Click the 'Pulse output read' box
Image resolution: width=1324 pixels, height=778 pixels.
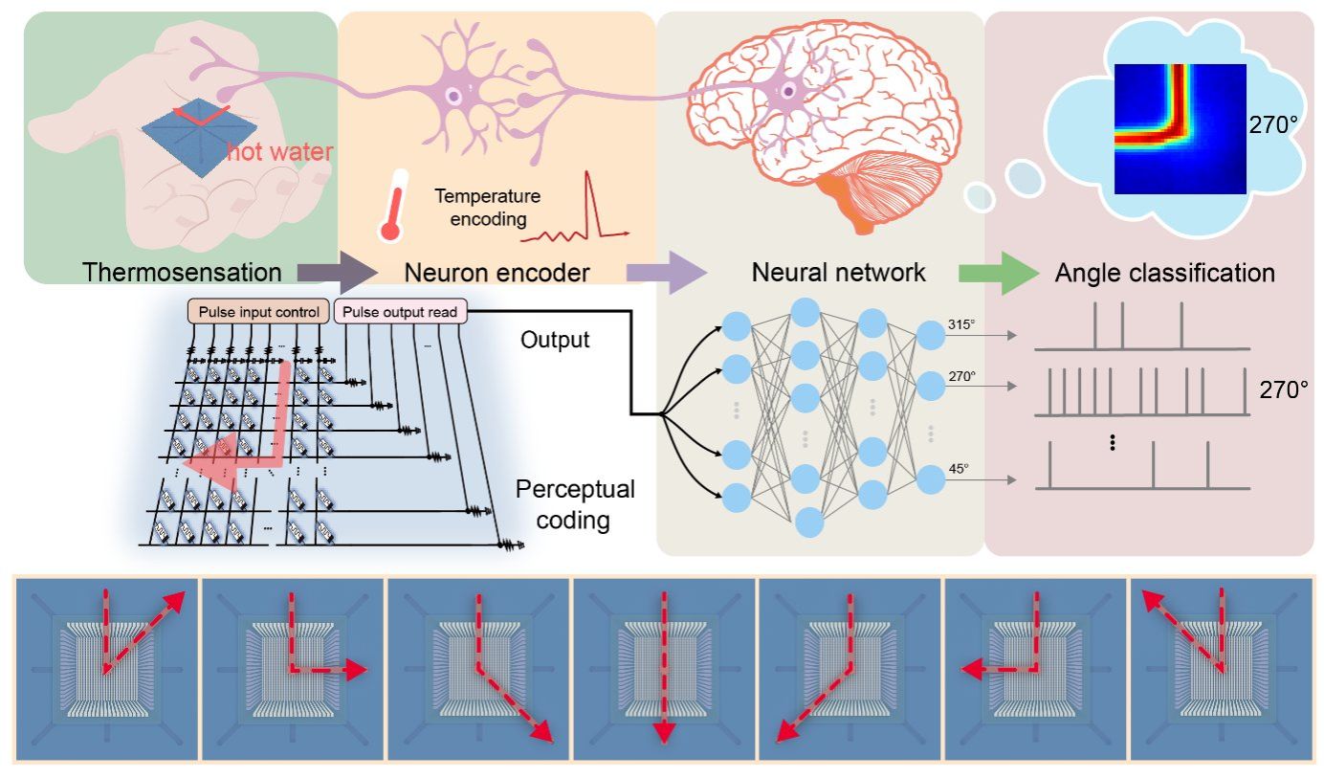(400, 312)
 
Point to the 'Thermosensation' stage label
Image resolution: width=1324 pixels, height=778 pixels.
(183, 272)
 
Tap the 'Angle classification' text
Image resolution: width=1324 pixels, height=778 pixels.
(1164, 273)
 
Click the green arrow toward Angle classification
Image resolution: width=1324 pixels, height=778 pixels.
(997, 273)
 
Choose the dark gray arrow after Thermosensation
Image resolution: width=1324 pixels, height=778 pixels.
(331, 273)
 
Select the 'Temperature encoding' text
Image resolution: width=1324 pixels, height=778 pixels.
(487, 208)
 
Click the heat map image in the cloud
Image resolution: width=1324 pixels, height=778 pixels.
(1180, 128)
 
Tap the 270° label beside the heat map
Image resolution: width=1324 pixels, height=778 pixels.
(1271, 124)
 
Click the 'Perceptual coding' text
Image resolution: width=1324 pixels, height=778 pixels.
(575, 505)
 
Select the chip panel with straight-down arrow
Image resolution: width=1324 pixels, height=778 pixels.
(663, 668)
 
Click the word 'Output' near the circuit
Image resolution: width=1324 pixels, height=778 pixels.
(554, 340)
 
